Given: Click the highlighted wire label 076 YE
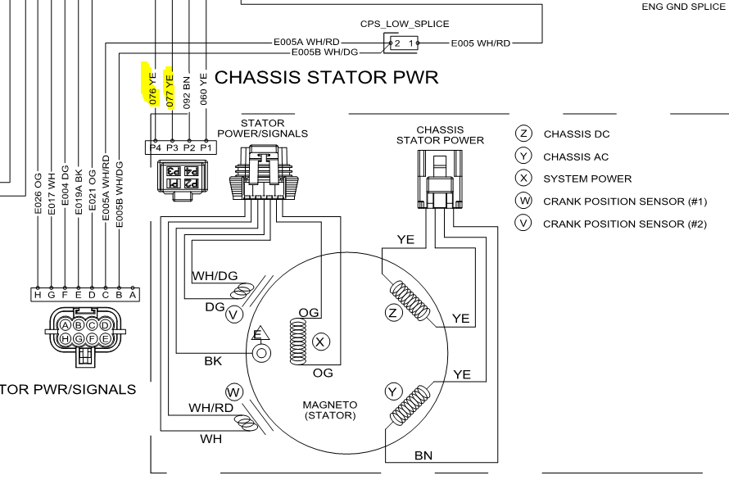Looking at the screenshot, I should tap(153, 85).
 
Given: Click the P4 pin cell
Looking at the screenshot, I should tap(155, 147).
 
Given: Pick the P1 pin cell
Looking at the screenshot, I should tap(206, 147).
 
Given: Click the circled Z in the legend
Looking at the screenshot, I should tap(524, 134).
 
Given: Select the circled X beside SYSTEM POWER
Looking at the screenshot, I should tap(524, 179).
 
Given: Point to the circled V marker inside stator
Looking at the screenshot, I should tap(233, 314).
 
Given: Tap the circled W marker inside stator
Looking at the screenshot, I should tap(233, 392).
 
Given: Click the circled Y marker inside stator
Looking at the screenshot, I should tap(393, 392).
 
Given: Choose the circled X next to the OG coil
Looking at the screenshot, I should tap(321, 340).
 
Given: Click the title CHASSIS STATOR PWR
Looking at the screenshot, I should tap(326, 78).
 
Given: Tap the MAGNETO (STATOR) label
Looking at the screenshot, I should tap(329, 410).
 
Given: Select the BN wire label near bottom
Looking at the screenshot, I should tap(423, 455).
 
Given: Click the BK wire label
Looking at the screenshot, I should tap(213, 360).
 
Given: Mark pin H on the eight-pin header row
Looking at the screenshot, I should tap(37, 294).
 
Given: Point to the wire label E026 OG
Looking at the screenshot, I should tap(38, 193).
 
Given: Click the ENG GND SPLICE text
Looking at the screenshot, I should tap(684, 6).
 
